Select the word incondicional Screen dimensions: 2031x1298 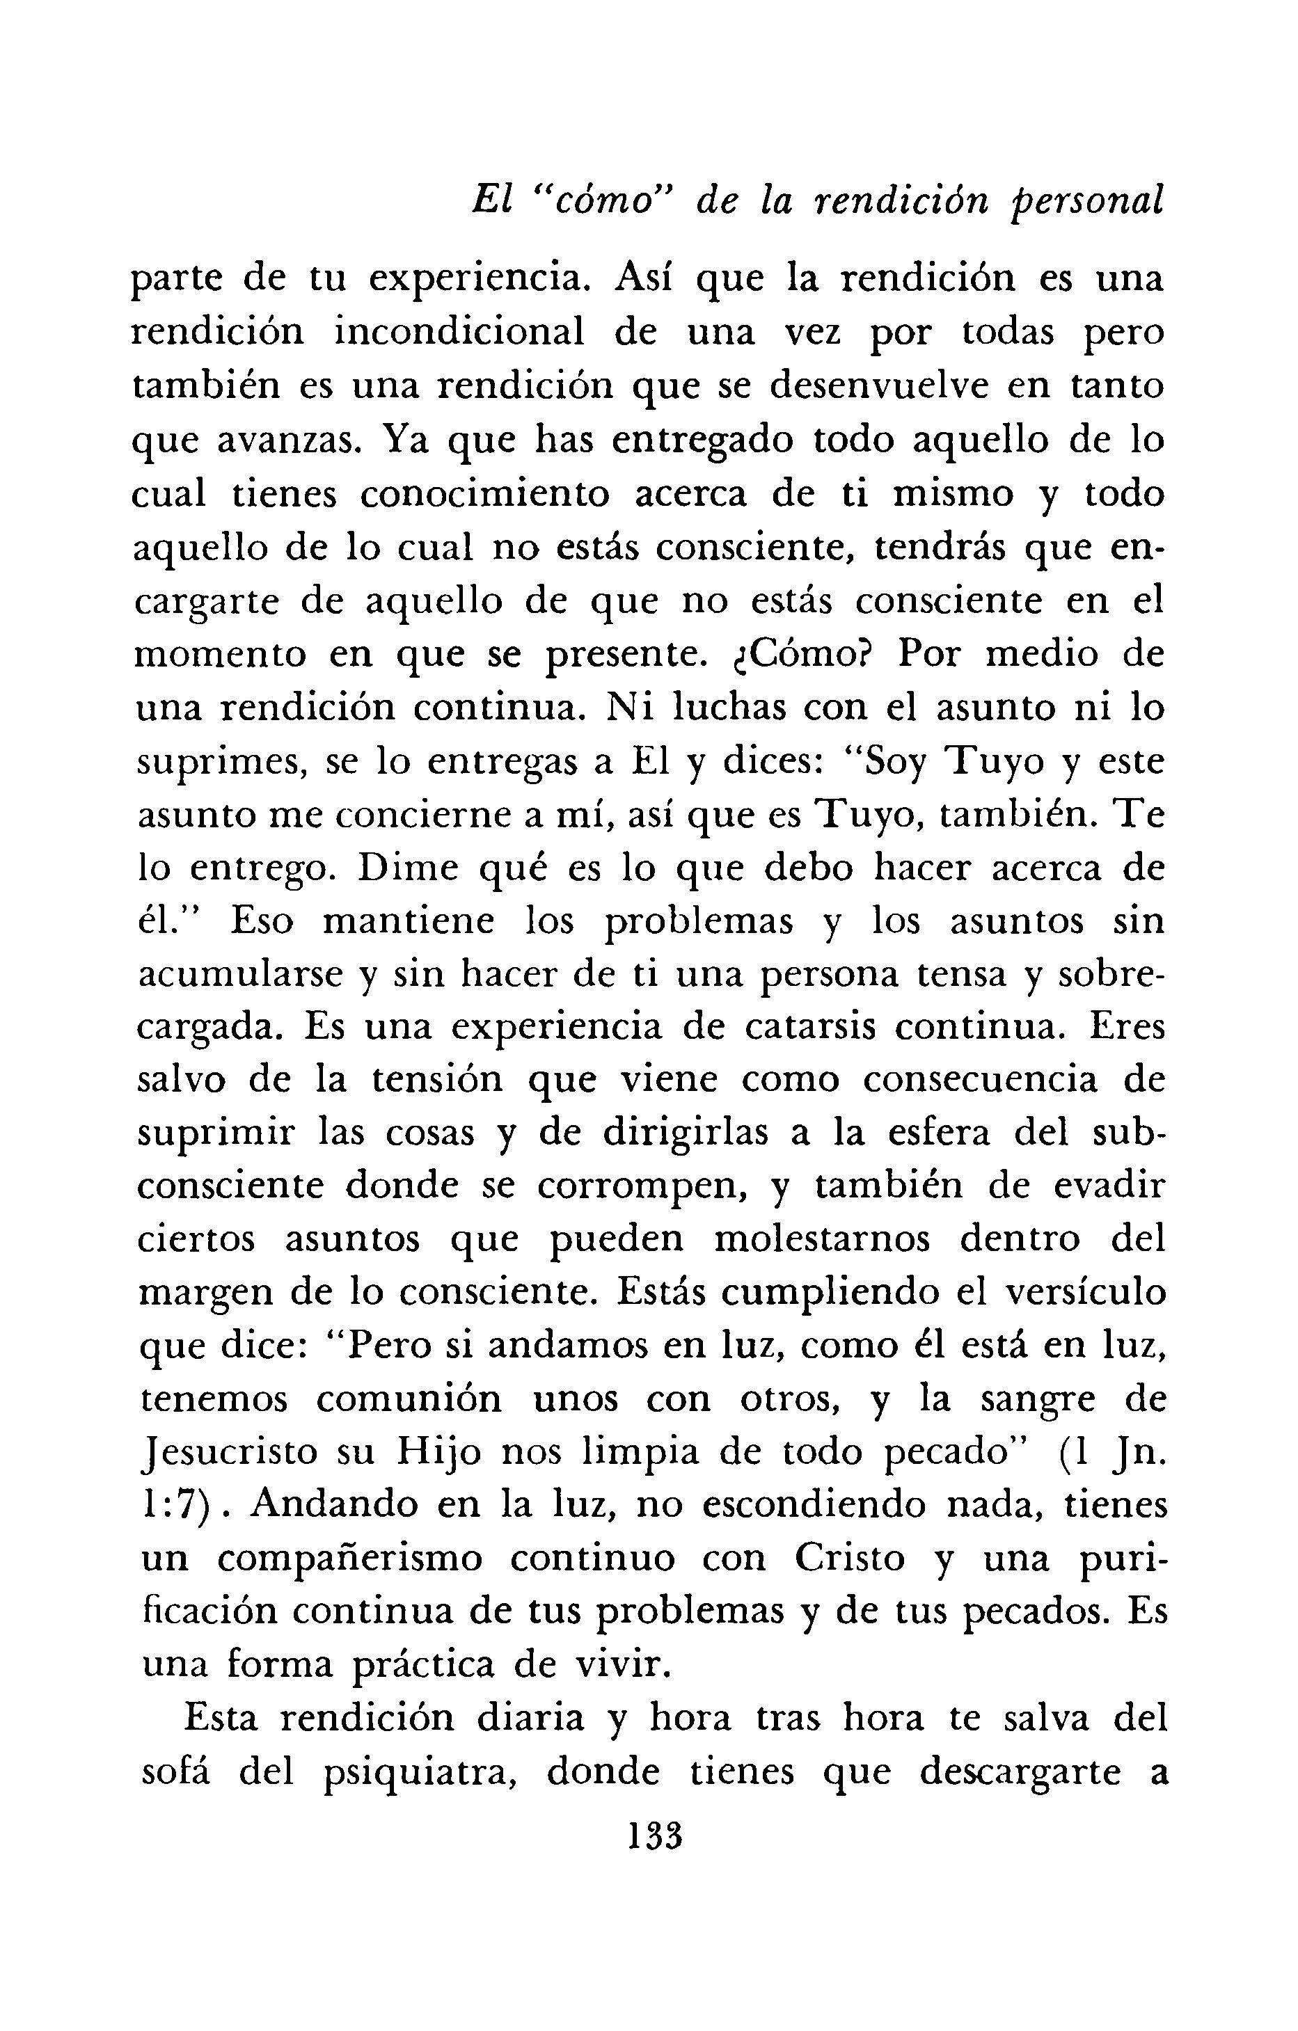459,333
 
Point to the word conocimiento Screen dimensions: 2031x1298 484,493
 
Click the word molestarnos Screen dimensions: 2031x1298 823,1243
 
